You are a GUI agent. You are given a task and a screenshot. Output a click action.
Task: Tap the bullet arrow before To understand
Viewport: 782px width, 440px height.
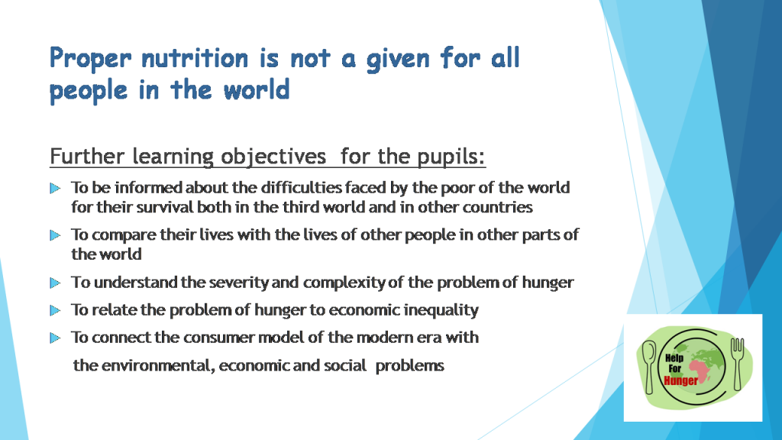[x=54, y=283]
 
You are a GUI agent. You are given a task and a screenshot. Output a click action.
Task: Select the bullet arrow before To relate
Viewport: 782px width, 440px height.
[x=54, y=310]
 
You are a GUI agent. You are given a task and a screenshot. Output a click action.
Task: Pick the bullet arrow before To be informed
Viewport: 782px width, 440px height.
[x=54, y=188]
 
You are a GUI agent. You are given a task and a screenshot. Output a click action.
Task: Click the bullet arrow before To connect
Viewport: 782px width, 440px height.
[x=54, y=337]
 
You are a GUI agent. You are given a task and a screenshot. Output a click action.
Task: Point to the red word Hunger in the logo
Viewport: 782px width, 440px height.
[x=681, y=380]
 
